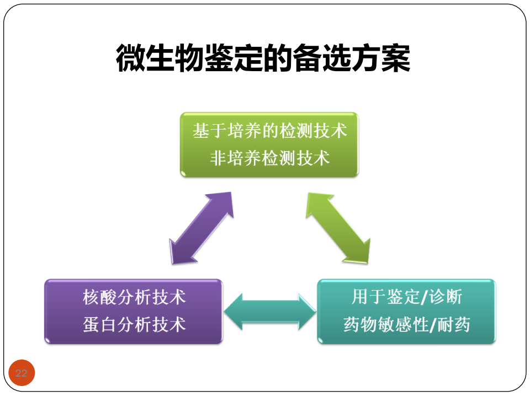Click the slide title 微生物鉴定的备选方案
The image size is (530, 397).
263,58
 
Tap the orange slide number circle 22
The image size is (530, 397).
22,373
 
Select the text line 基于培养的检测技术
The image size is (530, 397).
270,131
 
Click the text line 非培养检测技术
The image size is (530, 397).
270,158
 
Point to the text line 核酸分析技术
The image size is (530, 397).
134,297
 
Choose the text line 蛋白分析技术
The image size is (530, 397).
134,325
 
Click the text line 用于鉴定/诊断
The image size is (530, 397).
407,297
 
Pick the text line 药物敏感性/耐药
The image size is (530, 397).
407,325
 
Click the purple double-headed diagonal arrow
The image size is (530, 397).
202,228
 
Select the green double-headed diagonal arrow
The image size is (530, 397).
338,228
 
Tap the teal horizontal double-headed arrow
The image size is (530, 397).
270,312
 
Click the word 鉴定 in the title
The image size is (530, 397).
234,58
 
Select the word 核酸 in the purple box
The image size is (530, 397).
100,297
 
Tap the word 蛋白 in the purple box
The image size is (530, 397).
100,325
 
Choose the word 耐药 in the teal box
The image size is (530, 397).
454,325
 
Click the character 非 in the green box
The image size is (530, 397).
219,158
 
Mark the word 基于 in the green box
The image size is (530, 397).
210,131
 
